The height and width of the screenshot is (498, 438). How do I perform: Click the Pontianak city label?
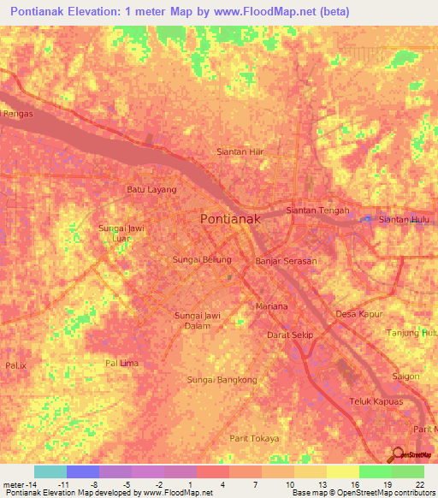pos(229,219)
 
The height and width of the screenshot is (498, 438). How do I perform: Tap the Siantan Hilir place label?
pos(239,152)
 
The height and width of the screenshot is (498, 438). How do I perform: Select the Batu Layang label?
pos(151,189)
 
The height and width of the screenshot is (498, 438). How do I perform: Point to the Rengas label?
pos(17,112)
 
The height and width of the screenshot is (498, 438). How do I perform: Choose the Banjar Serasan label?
pos(287,261)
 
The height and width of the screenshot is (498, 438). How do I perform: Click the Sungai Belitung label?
pos(203,258)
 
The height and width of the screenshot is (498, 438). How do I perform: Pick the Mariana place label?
pos(272,305)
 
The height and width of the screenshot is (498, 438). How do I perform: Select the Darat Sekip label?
pos(291,335)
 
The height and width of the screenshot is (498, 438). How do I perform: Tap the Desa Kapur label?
pos(357,314)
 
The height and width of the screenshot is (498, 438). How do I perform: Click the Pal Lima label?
pos(121,363)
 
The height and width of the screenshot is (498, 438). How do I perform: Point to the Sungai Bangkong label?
pos(222,379)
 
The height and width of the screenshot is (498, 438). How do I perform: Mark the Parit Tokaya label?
pos(254,438)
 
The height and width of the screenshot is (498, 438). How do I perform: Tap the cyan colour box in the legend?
pos(50,471)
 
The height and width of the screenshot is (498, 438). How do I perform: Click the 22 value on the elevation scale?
pos(418,484)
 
